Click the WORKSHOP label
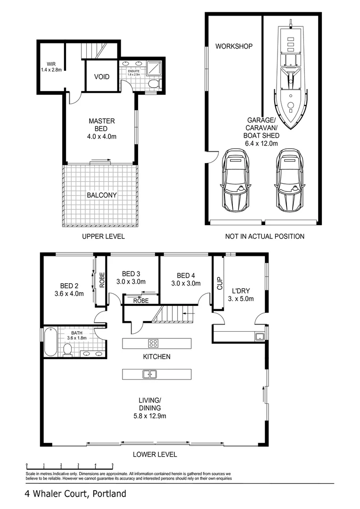click(234, 46)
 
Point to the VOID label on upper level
click(102, 76)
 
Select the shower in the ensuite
click(153, 68)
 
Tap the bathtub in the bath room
click(50, 338)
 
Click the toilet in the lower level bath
click(67, 349)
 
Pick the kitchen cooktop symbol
click(154, 343)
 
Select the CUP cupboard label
click(219, 283)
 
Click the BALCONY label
click(102, 195)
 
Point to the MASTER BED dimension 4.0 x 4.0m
click(102, 137)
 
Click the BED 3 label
click(131, 274)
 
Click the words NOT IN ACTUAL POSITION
click(264, 236)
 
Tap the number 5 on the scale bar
click(112, 464)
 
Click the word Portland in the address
click(109, 494)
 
